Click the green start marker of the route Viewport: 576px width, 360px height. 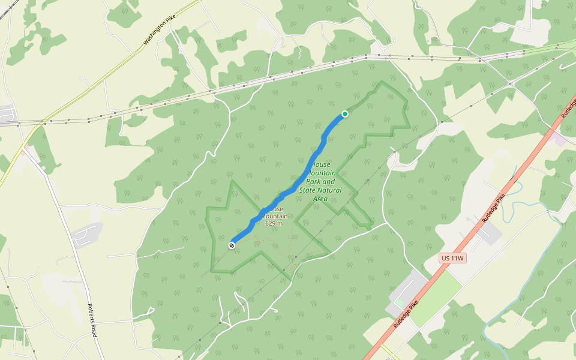pyautogui.click(x=345, y=114)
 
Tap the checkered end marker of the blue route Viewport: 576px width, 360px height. pyautogui.click(x=232, y=245)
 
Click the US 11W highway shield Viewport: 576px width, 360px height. pyautogui.click(x=452, y=258)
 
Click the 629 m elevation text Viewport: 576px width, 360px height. pyautogui.click(x=274, y=223)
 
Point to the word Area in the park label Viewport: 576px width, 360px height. pyautogui.click(x=320, y=199)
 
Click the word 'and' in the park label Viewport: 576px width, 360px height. pyautogui.click(x=329, y=181)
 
